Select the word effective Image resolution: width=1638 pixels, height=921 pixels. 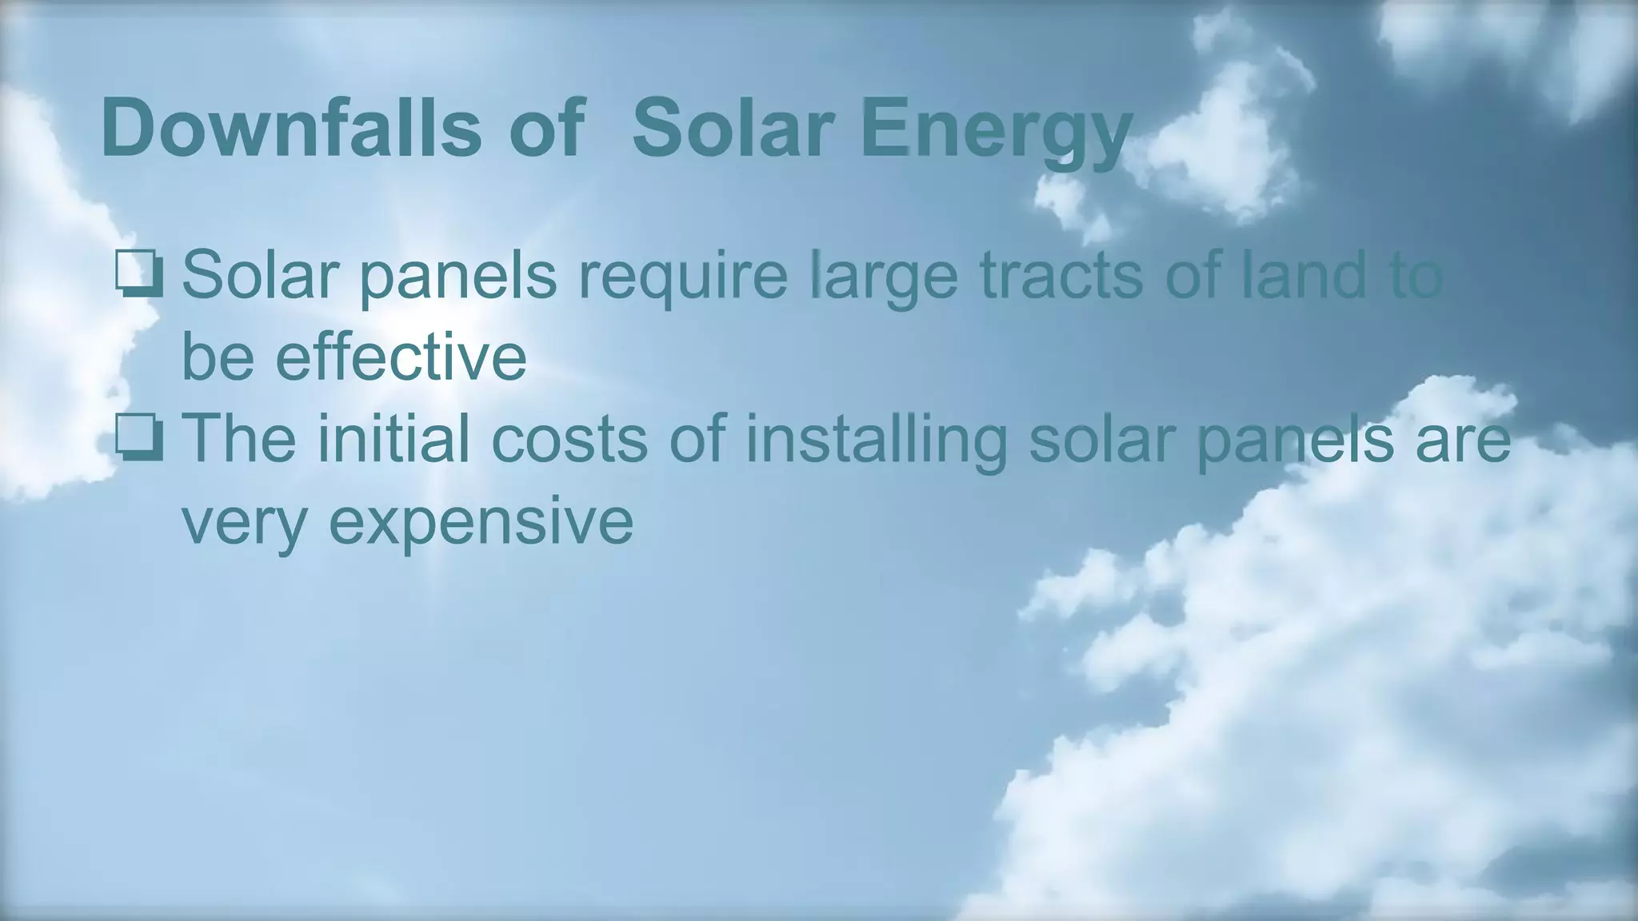tap(401, 357)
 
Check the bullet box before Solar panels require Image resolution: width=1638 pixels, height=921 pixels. tap(139, 275)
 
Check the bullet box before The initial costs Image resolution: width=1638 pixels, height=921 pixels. tap(139, 439)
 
